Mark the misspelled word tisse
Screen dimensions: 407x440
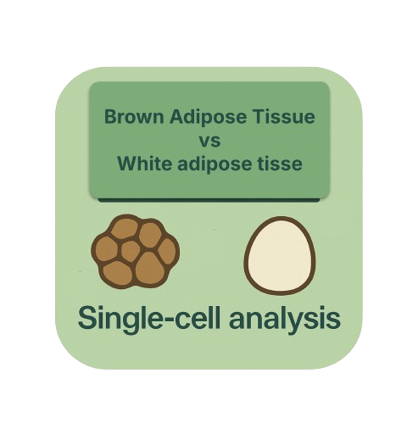pos(279,164)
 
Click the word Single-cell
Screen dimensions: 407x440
pos(148,319)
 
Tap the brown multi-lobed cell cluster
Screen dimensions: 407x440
pos(136,251)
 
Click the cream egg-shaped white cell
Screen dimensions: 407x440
pos(280,256)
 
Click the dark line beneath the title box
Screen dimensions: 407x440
pos(209,200)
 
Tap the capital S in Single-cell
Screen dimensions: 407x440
pos(86,318)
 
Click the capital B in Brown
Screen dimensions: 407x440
pos(110,117)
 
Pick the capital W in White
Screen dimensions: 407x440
pos(128,164)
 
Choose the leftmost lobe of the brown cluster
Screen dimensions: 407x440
pos(106,248)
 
